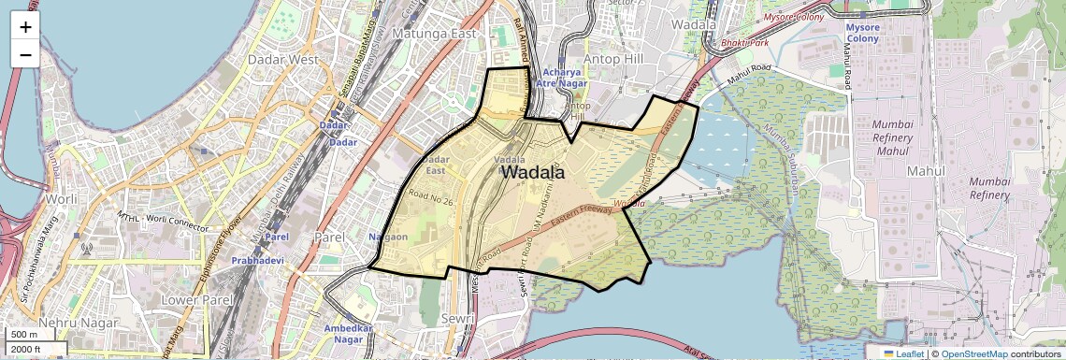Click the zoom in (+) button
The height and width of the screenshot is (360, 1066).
25,27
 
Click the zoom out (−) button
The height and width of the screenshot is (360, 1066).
25,54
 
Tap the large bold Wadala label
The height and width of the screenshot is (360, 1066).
533,172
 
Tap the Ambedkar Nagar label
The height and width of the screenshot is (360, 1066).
349,335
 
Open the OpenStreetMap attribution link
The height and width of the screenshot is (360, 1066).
973,353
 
